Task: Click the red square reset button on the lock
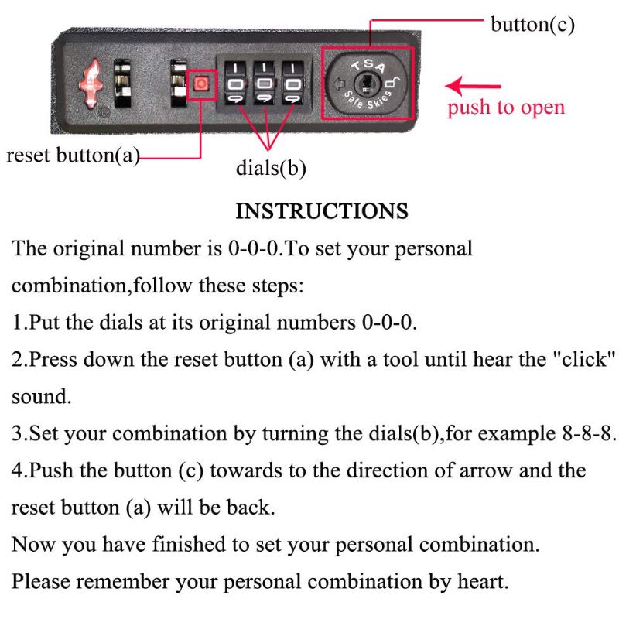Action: click(201, 84)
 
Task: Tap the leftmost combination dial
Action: click(236, 84)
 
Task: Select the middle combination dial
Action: click(265, 84)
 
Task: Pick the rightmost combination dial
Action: click(293, 84)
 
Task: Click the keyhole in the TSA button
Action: click(366, 84)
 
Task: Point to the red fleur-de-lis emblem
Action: click(91, 83)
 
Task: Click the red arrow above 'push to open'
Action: click(473, 86)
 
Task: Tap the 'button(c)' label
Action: click(532, 25)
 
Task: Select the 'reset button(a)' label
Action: click(73, 156)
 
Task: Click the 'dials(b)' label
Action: click(271, 168)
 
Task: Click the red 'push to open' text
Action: click(506, 108)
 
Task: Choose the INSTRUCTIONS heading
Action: click(322, 211)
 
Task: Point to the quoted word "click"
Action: click(584, 359)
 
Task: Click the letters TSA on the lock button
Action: click(368, 65)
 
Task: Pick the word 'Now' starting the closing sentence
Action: click(34, 545)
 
